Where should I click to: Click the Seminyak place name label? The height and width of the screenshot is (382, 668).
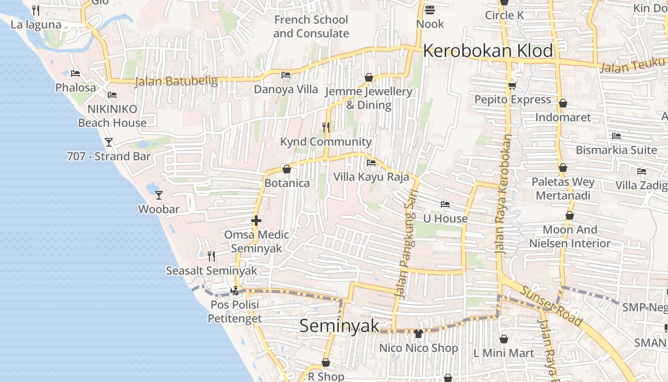pyautogui.click(x=339, y=326)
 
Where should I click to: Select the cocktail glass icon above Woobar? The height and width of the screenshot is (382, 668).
pyautogui.click(x=159, y=195)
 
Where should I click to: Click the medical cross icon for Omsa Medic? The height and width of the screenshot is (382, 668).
pyautogui.click(x=256, y=220)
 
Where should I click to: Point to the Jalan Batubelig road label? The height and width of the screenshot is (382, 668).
pyautogui.click(x=176, y=82)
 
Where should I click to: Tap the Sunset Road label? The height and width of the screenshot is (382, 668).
pyautogui.click(x=551, y=306)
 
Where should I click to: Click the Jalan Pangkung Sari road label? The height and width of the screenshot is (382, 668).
pyautogui.click(x=407, y=244)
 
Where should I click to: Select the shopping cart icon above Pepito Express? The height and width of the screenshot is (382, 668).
pyautogui.click(x=512, y=85)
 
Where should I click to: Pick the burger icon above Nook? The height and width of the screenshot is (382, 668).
pyautogui.click(x=429, y=10)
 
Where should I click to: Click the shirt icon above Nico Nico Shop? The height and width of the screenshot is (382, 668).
pyautogui.click(x=418, y=333)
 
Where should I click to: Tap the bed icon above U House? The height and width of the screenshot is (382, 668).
pyautogui.click(x=445, y=204)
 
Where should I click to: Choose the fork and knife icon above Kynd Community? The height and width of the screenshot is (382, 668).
pyautogui.click(x=326, y=127)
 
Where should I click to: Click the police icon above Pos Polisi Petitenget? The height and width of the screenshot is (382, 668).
pyautogui.click(x=235, y=290)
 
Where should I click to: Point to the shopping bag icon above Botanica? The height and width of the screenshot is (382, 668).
pyautogui.click(x=287, y=169)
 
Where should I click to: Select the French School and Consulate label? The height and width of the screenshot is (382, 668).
pyautogui.click(x=311, y=27)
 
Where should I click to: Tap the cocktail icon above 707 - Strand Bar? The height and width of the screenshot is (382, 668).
pyautogui.click(x=109, y=142)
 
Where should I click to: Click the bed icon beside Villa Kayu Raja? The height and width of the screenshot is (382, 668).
pyautogui.click(x=371, y=163)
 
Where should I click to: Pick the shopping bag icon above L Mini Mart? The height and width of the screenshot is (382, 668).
pyautogui.click(x=503, y=339)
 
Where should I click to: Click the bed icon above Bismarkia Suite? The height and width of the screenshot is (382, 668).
pyautogui.click(x=616, y=136)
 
